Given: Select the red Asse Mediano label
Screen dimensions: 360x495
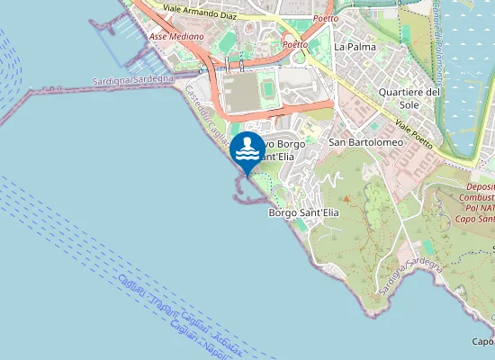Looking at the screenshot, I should pyautogui.click(x=176, y=37).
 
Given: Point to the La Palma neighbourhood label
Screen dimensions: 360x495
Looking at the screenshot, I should pyautogui.click(x=354, y=46).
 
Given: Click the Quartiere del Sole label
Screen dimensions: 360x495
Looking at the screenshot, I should pyautogui.click(x=409, y=98).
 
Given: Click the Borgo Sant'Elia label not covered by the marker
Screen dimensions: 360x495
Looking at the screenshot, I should pyautogui.click(x=303, y=213).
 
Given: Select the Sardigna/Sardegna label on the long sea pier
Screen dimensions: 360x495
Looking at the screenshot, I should pyautogui.click(x=133, y=80).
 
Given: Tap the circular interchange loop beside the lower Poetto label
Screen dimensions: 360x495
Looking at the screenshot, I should pyautogui.click(x=298, y=54).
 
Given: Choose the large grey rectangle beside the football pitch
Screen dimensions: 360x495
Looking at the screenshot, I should pyautogui.click(x=238, y=93).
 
